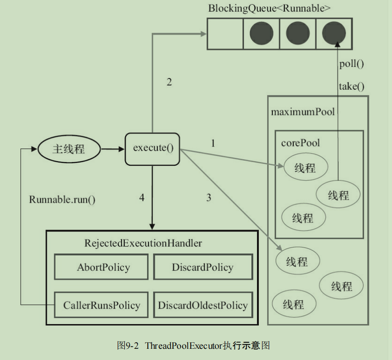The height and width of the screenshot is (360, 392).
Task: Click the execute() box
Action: [x=152, y=149]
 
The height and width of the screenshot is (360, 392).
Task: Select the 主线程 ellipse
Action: [x=69, y=149]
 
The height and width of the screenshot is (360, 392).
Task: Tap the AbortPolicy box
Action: [x=101, y=267]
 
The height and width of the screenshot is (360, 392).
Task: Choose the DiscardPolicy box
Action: [x=203, y=267]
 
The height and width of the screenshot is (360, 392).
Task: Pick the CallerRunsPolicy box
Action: [x=101, y=305]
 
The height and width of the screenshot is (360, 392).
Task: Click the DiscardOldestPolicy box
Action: [x=203, y=305]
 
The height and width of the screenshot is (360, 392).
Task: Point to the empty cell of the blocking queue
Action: [x=225, y=34]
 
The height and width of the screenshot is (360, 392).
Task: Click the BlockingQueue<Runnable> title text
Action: [x=269, y=8]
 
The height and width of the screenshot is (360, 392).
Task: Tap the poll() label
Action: [x=351, y=64]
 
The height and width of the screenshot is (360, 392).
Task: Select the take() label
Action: [x=351, y=86]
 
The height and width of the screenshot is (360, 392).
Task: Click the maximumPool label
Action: [x=303, y=112]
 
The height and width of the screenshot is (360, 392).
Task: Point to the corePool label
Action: [x=300, y=143]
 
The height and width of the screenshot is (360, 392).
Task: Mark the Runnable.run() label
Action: [x=62, y=200]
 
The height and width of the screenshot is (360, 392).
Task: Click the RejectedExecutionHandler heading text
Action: [x=143, y=243]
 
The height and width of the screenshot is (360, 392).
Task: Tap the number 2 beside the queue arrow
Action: [x=169, y=82]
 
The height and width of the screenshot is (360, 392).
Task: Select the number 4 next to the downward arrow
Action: [x=142, y=198]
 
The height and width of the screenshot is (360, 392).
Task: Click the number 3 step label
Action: [x=209, y=198]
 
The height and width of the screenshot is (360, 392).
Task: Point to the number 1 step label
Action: [x=213, y=143]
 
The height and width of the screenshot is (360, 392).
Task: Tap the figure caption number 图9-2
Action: [x=128, y=346]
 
